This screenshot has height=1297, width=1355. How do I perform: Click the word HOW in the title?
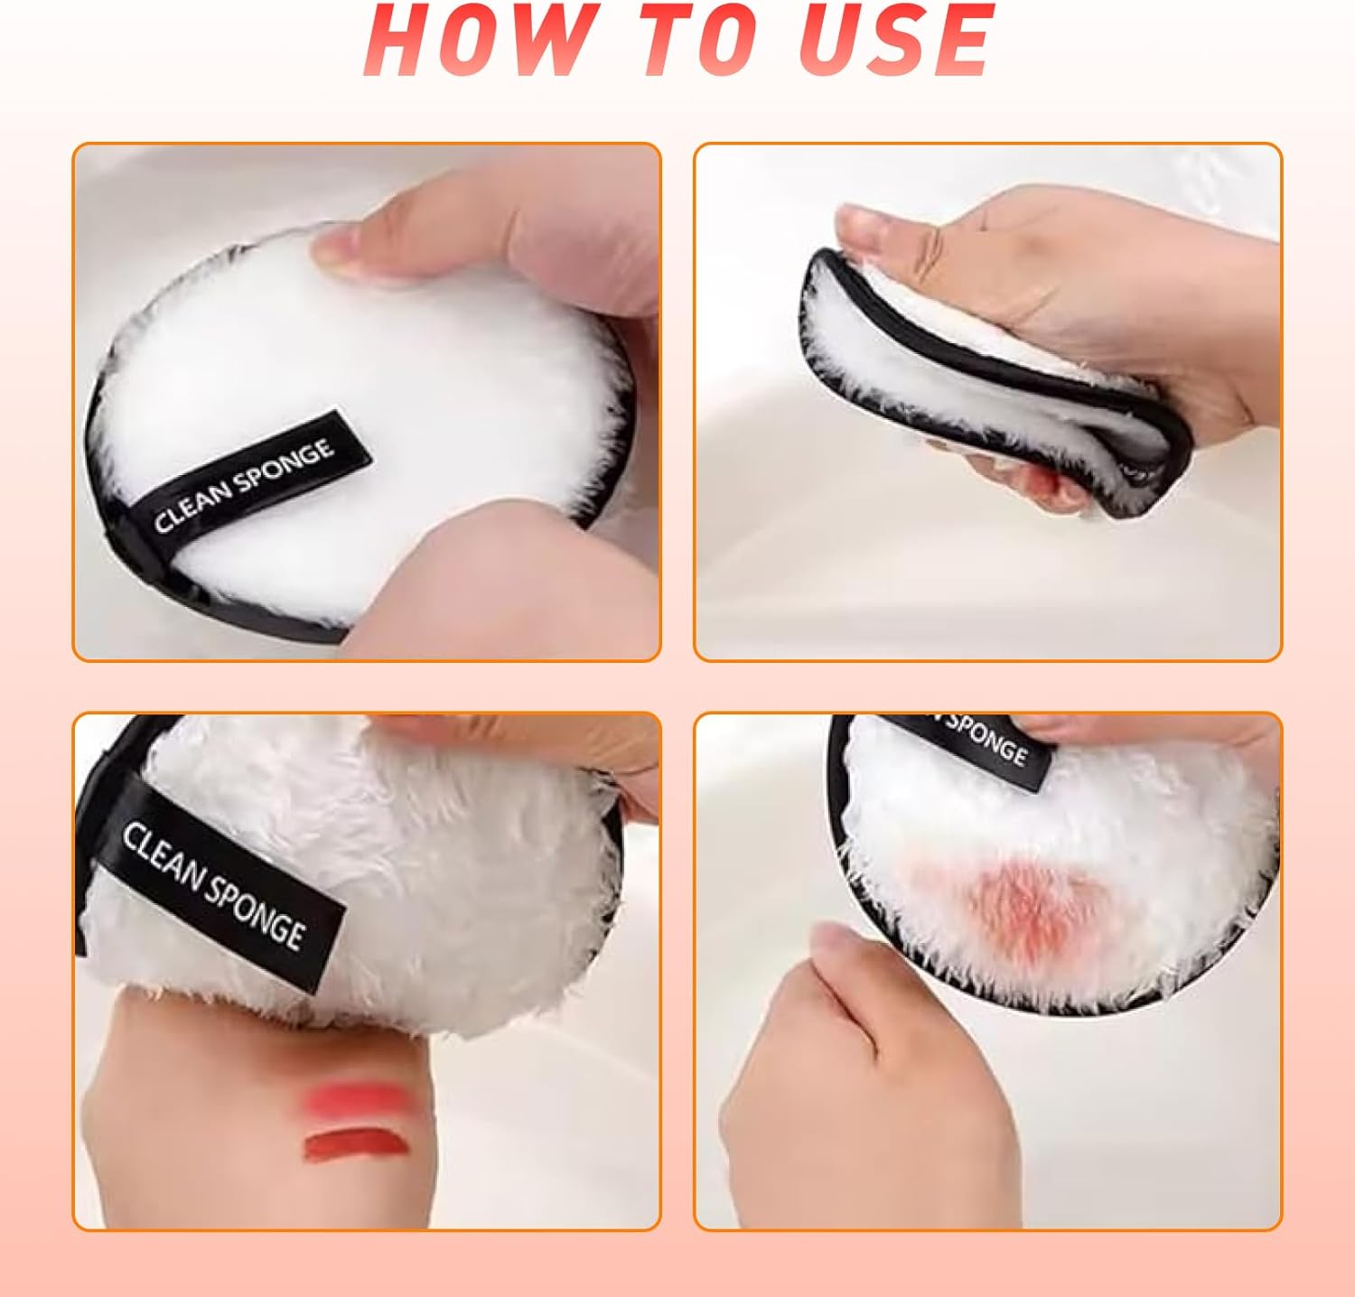tap(482, 41)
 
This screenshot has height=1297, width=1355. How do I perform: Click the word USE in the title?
tap(894, 41)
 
